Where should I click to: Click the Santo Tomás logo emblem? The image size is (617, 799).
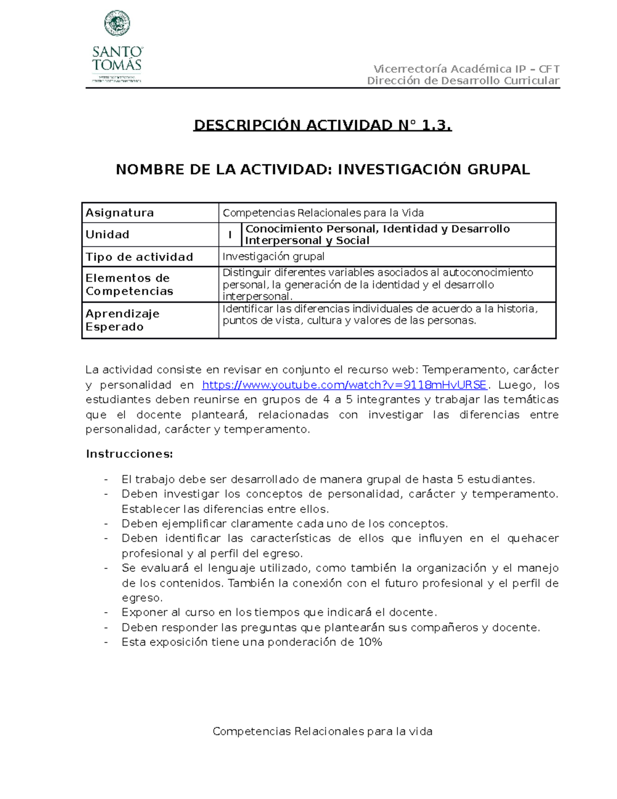pos(117,24)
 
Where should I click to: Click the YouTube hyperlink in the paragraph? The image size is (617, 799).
pos(344,385)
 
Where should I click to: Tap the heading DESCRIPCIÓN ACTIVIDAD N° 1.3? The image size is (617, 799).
pos(322,125)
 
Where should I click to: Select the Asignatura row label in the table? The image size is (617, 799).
pos(120,212)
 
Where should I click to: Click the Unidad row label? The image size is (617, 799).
pos(107,235)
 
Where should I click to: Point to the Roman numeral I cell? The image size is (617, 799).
pos(230,235)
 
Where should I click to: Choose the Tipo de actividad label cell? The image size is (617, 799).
pos(139,257)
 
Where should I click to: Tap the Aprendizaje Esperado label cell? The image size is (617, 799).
pos(122,320)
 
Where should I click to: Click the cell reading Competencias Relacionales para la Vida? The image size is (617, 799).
pos(323,212)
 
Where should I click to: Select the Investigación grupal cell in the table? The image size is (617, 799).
pos(273,256)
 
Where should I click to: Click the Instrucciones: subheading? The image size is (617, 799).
pos(129,454)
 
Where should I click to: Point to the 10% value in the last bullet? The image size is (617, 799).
pos(370,642)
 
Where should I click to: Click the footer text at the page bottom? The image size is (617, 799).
pos(322,731)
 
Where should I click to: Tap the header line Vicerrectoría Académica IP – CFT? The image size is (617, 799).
pos(466,69)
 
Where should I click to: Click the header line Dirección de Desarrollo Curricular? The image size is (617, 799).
pos(463,81)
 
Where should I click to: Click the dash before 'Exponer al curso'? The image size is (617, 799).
pos(106,612)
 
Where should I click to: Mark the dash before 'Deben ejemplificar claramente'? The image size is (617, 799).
pos(106,524)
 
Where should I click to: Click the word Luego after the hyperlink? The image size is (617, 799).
pos(515,385)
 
